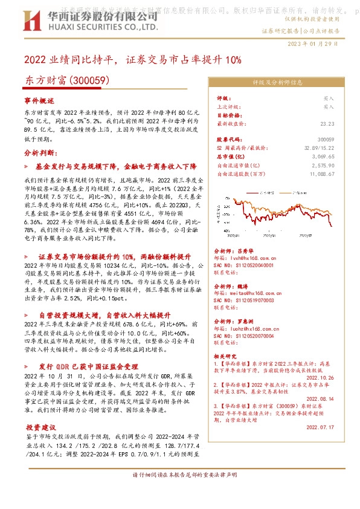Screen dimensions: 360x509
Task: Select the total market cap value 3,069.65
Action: pos(323,156)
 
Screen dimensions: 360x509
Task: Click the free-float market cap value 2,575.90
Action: pos(323,165)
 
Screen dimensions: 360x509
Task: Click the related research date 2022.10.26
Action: pos(320,377)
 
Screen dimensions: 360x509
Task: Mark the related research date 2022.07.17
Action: pos(320,427)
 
